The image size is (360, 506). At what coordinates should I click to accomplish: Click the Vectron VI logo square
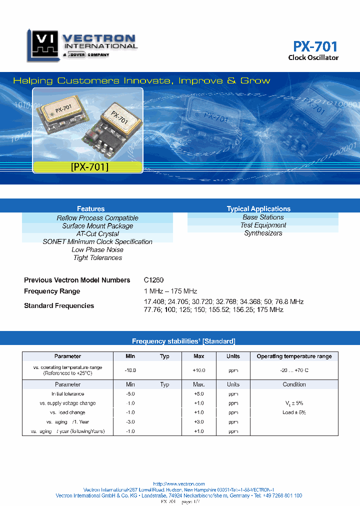pyautogui.click(x=42, y=45)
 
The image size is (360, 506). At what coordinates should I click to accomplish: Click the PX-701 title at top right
pyautogui.click(x=315, y=46)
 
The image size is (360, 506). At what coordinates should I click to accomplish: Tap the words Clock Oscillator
pyautogui.click(x=313, y=57)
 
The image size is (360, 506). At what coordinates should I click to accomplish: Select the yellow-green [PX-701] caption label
pyautogui.click(x=89, y=167)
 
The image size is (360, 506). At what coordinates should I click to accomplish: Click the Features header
pyautogui.click(x=90, y=208)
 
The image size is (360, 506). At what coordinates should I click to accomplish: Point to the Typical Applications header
pyautogui.click(x=258, y=208)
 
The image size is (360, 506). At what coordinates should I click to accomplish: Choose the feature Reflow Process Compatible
pyautogui.click(x=97, y=218)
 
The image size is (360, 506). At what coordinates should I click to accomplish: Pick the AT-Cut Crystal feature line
pyautogui.click(x=97, y=234)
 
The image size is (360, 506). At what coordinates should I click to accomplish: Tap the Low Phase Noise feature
pyautogui.click(x=97, y=249)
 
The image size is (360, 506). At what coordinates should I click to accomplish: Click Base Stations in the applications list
pyautogui.click(x=263, y=217)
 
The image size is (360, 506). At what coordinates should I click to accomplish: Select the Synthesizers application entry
pyautogui.click(x=263, y=233)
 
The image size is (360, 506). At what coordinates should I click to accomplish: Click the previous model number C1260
pyautogui.click(x=153, y=280)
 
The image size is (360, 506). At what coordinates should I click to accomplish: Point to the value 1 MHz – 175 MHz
pyautogui.click(x=170, y=291)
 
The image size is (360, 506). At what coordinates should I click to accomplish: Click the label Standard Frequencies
pyautogui.click(x=59, y=305)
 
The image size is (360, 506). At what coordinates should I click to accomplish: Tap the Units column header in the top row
pyautogui.click(x=233, y=356)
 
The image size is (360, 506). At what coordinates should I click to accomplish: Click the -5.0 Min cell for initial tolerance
pyautogui.click(x=130, y=394)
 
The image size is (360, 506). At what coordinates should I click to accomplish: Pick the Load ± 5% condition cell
pyautogui.click(x=294, y=412)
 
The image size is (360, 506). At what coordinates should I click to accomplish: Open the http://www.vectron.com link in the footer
pyautogui.click(x=179, y=484)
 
